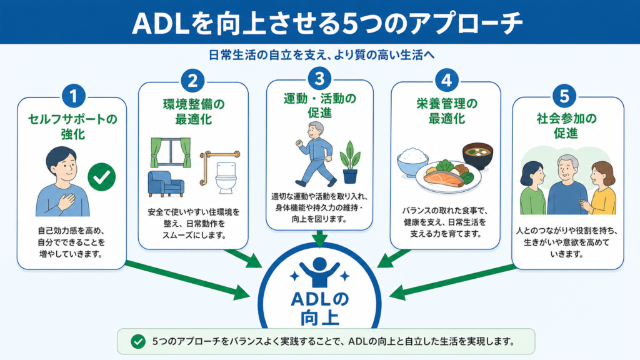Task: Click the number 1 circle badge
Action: pos(74,96)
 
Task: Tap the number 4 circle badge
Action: pos(446,80)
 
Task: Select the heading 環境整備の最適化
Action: pos(194,111)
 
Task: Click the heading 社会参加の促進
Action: pos(566,125)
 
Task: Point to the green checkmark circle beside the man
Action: pos(102,177)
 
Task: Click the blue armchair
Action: pos(166,184)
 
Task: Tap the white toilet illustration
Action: pos(226,178)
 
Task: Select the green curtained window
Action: pos(171,152)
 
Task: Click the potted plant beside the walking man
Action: pos(350,162)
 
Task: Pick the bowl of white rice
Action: pos(412,162)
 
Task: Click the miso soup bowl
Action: pos(477,156)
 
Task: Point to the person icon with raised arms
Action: pos(319,272)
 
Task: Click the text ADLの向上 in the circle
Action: pos(319,309)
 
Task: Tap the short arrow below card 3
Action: pos(319,239)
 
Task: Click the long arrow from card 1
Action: pos(187,279)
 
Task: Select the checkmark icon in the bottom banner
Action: pos(138,341)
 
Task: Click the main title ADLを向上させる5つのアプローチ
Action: pos(327,23)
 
